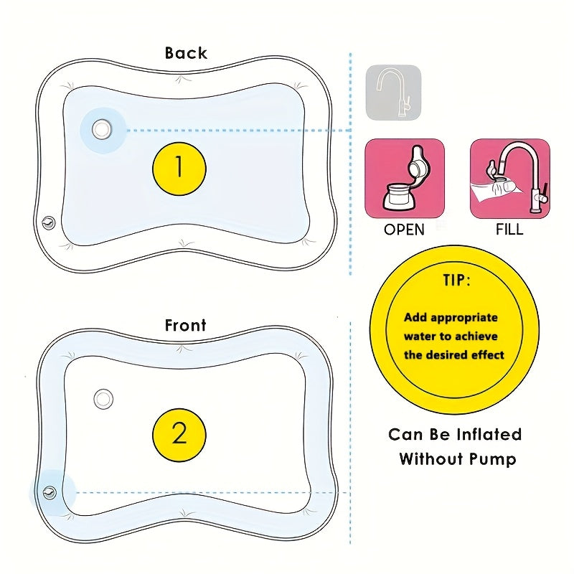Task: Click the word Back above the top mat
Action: tap(186, 53)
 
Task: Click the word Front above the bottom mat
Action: tap(186, 325)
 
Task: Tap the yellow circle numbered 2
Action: tap(179, 434)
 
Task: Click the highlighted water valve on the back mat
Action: tap(102, 130)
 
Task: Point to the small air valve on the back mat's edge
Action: tap(49, 222)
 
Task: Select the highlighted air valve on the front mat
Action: tap(50, 492)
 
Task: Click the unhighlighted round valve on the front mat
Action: tap(104, 397)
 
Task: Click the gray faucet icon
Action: tap(393, 93)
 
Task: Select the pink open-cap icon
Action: tap(405, 179)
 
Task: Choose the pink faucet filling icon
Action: tap(509, 179)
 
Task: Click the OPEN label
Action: tap(404, 230)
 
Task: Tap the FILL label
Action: tap(509, 230)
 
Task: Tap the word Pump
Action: tap(492, 459)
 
